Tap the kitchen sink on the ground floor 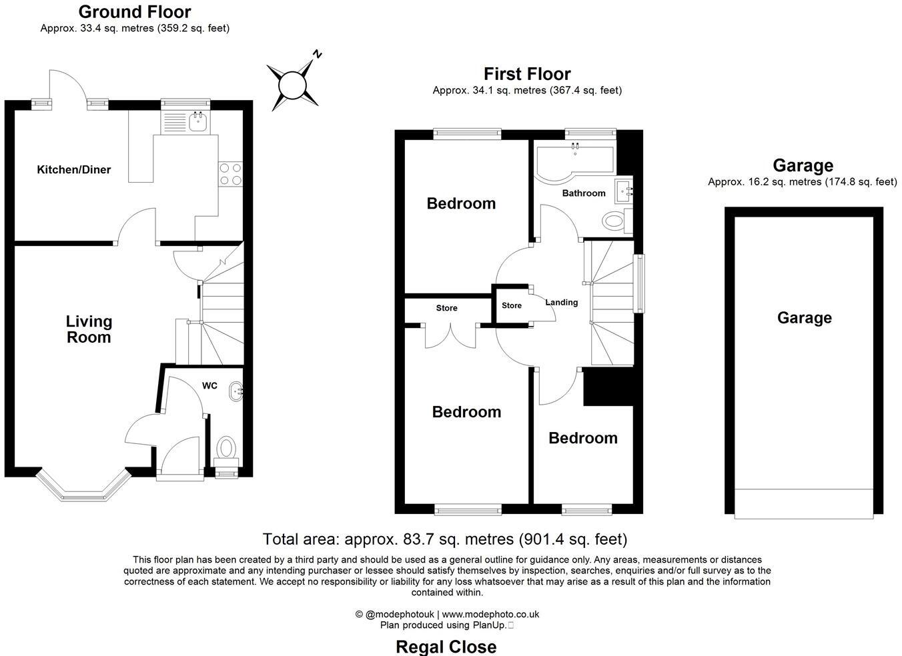[197, 121]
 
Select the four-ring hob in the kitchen [230, 174]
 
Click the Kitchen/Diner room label [73, 169]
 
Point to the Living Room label [89, 329]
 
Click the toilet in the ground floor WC [227, 447]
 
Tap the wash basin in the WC [236, 392]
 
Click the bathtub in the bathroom [574, 161]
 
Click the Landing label [561, 302]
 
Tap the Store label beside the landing [512, 305]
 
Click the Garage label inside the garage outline [804, 318]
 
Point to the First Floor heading [527, 73]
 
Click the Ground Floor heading [135, 11]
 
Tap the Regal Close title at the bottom [446, 646]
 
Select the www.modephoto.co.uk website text [490, 614]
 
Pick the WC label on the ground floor [209, 385]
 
